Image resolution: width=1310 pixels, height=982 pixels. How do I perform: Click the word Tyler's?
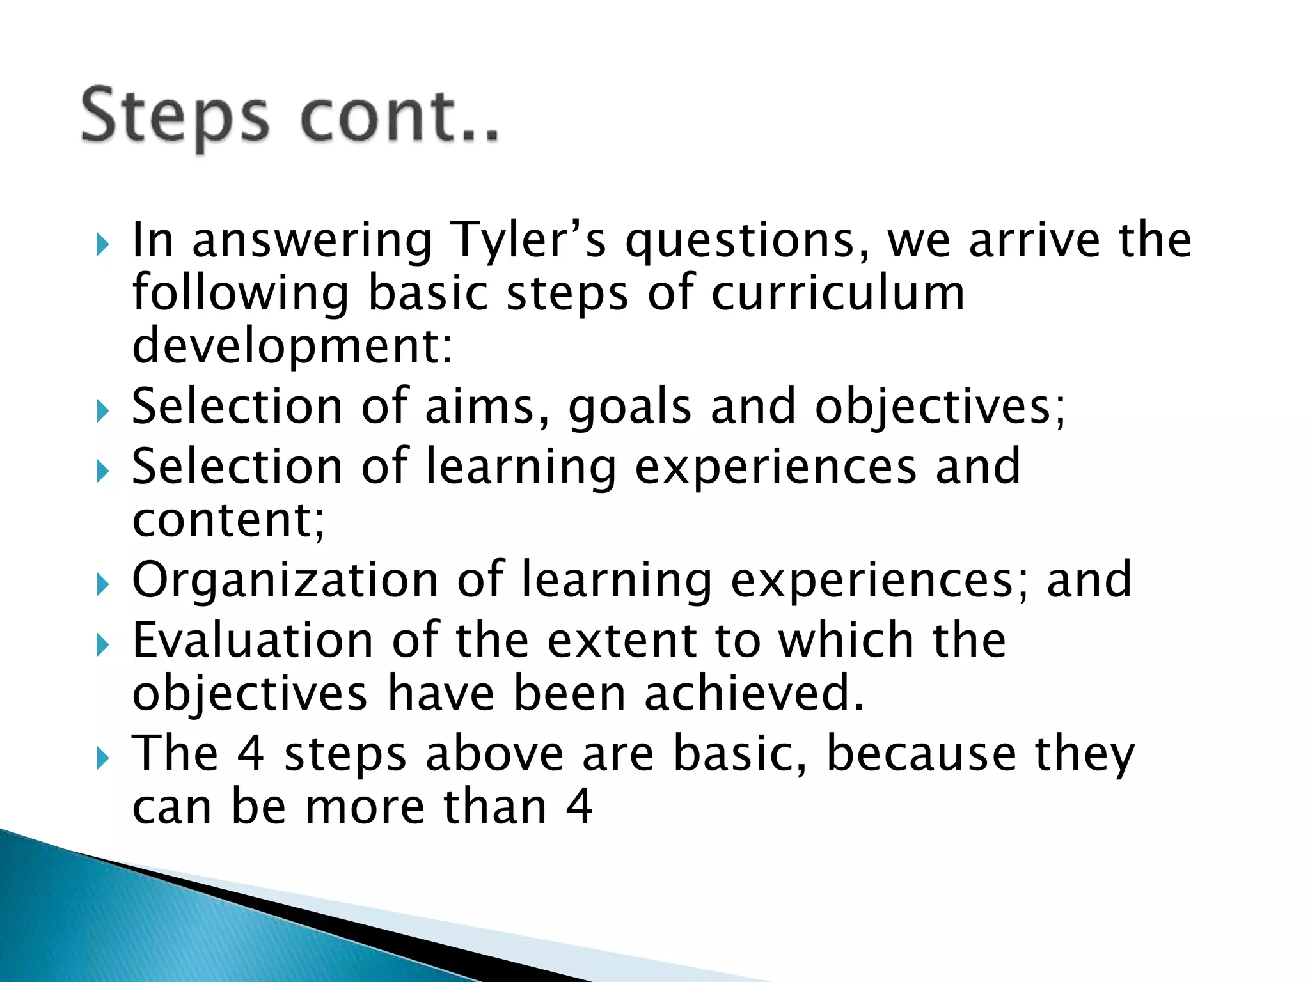tap(528, 241)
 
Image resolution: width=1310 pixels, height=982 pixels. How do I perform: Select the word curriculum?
tap(837, 294)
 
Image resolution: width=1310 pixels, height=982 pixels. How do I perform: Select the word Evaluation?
tap(253, 641)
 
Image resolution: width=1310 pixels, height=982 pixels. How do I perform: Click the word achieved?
tap(755, 694)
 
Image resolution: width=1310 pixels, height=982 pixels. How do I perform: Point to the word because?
tap(921, 754)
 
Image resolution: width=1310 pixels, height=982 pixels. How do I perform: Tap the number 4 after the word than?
tap(579, 807)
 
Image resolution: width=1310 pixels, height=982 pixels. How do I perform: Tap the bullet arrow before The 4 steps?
tap(102, 759)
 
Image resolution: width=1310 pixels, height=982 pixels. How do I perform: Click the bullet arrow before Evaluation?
tap(102, 645)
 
